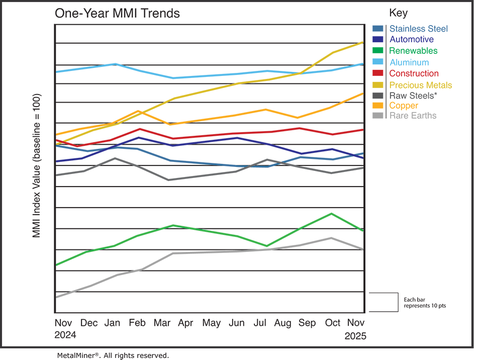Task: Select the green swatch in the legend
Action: (376, 50)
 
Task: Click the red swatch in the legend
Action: (376, 73)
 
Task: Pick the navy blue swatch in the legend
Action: (376, 39)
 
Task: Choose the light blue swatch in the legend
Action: (376, 61)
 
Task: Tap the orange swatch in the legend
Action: (376, 106)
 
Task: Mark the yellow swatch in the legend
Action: (376, 84)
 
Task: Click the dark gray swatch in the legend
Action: (376, 95)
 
